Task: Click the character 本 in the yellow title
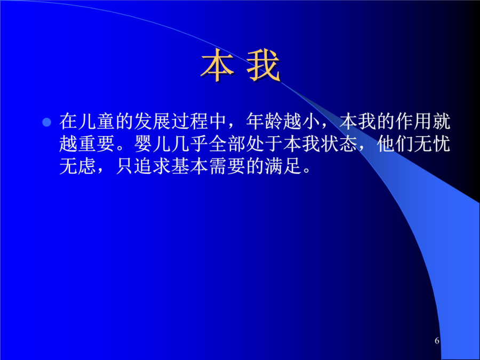tap(217, 66)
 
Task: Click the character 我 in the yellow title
tap(263, 66)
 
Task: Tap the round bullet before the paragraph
tap(46, 122)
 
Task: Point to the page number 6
tap(437, 340)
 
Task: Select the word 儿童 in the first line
tap(97, 121)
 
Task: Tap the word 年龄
tap(265, 121)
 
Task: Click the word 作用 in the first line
tap(413, 121)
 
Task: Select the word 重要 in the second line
tap(97, 143)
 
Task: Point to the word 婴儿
tap(153, 143)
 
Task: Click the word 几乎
tap(190, 143)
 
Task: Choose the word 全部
tap(227, 143)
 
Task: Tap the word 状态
tap(339, 143)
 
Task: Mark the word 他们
tap(395, 143)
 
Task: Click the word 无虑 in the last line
tap(78, 166)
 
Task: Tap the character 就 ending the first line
tap(442, 121)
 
